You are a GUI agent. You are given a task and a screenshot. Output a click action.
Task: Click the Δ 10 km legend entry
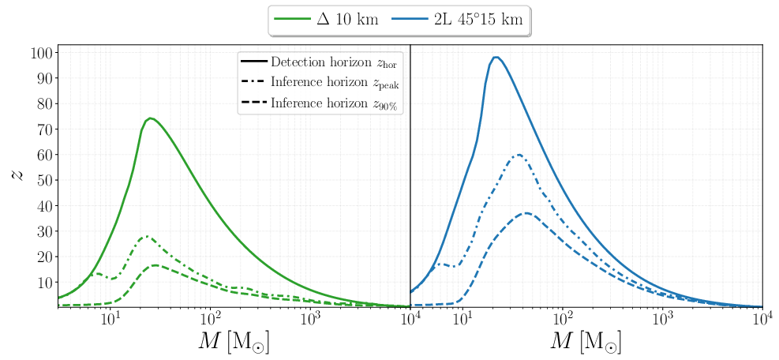326,21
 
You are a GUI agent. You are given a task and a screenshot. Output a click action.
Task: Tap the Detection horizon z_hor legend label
320,62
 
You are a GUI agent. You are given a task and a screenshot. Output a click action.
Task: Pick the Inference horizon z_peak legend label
320,82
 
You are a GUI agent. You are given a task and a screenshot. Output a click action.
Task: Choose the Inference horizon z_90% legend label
320,103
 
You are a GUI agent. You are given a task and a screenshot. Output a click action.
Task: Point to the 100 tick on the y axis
41,54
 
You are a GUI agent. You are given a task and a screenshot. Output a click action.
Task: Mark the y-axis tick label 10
44,283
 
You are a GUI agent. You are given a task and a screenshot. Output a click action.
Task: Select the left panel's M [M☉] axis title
234,343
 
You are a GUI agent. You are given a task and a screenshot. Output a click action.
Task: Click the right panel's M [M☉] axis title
586,343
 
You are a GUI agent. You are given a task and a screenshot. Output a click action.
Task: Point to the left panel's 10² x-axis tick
211,322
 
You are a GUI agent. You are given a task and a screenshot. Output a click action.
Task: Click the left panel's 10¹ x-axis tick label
110,322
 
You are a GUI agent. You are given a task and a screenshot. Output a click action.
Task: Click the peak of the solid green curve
151,118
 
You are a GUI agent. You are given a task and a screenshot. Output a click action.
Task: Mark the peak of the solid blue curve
496,57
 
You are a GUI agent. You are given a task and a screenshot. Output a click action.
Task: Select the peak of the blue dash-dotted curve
519,155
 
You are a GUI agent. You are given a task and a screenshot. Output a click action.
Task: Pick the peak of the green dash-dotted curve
145,236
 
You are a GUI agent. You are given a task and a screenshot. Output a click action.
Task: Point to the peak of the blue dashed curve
526,212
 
